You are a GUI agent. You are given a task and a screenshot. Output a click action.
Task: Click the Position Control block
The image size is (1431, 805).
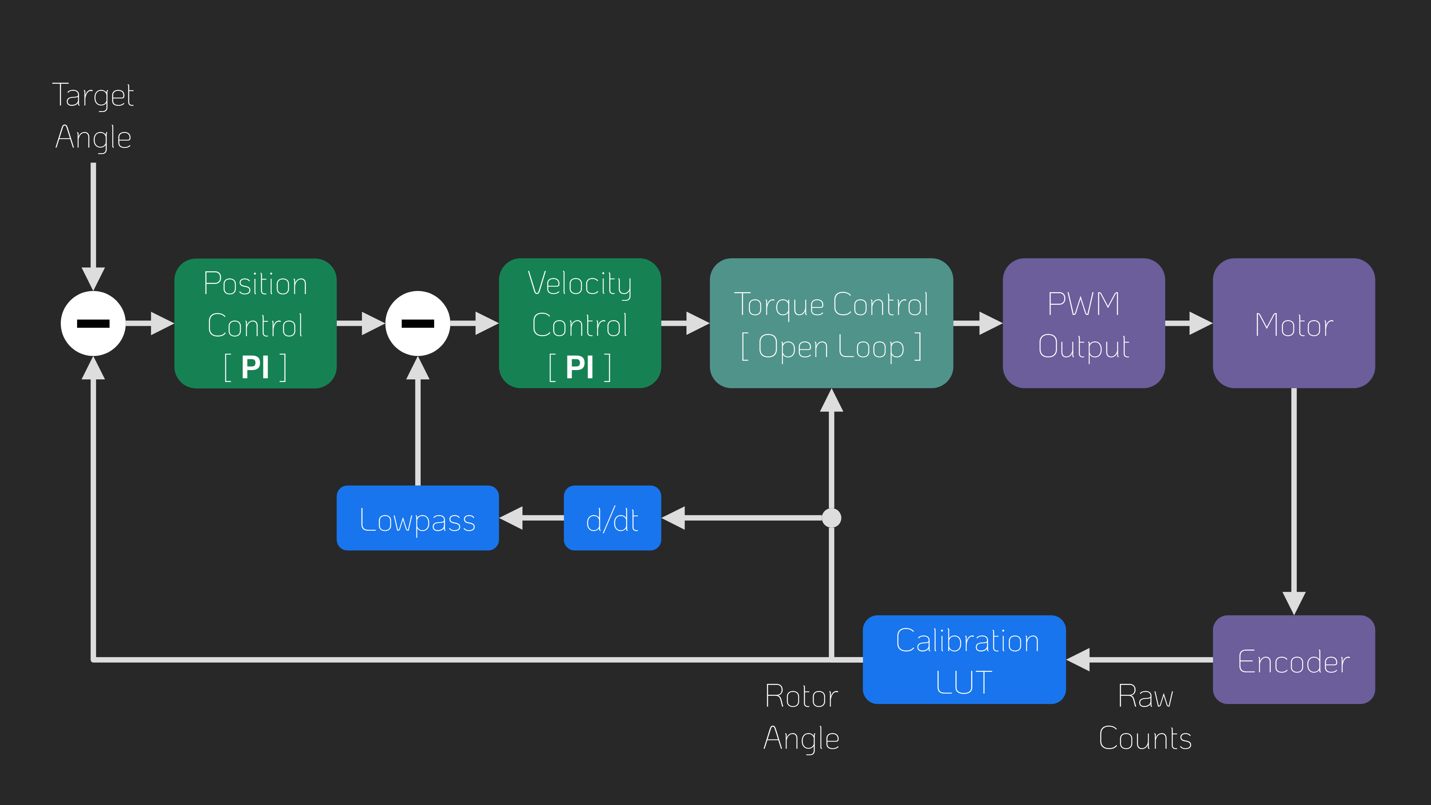(256, 323)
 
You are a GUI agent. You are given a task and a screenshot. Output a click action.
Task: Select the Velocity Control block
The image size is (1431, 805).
(580, 323)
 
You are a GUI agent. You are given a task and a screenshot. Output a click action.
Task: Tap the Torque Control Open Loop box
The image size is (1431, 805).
(832, 323)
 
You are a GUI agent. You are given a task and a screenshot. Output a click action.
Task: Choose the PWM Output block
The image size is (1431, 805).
(1084, 323)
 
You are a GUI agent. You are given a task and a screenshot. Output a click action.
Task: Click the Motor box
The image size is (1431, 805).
(1294, 323)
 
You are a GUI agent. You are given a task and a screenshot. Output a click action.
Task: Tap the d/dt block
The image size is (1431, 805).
(612, 518)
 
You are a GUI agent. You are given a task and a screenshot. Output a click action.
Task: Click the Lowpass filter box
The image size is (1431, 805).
(418, 518)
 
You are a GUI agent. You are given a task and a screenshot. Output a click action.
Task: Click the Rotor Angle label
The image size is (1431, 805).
(801, 717)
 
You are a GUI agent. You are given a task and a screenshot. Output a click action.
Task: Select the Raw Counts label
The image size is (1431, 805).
(1146, 717)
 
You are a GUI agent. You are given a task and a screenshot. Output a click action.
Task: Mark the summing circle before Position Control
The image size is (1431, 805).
(93, 323)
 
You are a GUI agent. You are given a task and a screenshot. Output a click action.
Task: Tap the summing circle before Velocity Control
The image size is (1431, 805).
(418, 323)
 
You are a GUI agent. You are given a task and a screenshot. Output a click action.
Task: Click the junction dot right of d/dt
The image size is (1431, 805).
(832, 518)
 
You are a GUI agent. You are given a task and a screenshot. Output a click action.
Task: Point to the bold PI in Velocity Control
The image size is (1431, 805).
(580, 367)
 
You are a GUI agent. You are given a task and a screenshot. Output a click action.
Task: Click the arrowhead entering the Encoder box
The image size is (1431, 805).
(1294, 603)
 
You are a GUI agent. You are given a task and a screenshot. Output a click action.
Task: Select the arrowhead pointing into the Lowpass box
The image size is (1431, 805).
(511, 518)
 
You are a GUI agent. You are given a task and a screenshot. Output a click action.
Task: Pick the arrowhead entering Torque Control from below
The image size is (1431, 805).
(832, 400)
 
